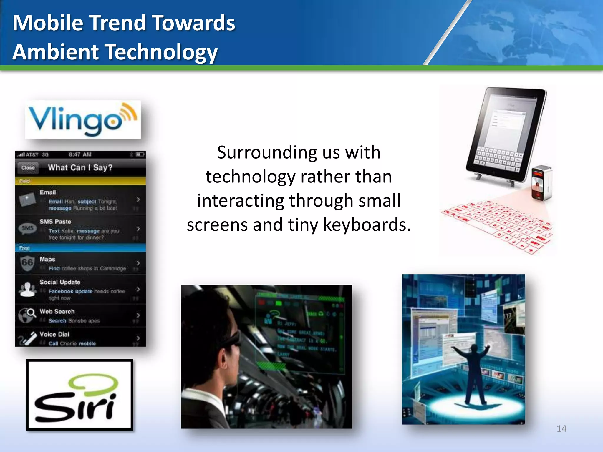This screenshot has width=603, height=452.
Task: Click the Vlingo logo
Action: point(82,119)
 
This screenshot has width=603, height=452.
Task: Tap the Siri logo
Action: point(79,395)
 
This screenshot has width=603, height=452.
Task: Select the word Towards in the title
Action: point(193,23)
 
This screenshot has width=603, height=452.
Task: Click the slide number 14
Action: point(561,428)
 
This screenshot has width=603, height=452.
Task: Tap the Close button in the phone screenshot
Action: point(28,168)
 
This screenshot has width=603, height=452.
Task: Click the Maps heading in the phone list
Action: point(47,259)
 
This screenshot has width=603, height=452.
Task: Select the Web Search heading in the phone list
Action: point(57,311)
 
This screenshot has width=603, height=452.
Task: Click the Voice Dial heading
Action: point(54,334)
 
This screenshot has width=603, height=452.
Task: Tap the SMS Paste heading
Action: point(55,222)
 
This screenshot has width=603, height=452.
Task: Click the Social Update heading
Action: point(60,282)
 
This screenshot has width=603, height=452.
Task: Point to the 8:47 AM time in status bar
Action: point(80,154)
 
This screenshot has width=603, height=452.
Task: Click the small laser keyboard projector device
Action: point(541,183)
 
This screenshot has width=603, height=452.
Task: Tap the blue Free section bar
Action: point(80,248)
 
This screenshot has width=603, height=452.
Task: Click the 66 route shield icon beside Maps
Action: point(27,262)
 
